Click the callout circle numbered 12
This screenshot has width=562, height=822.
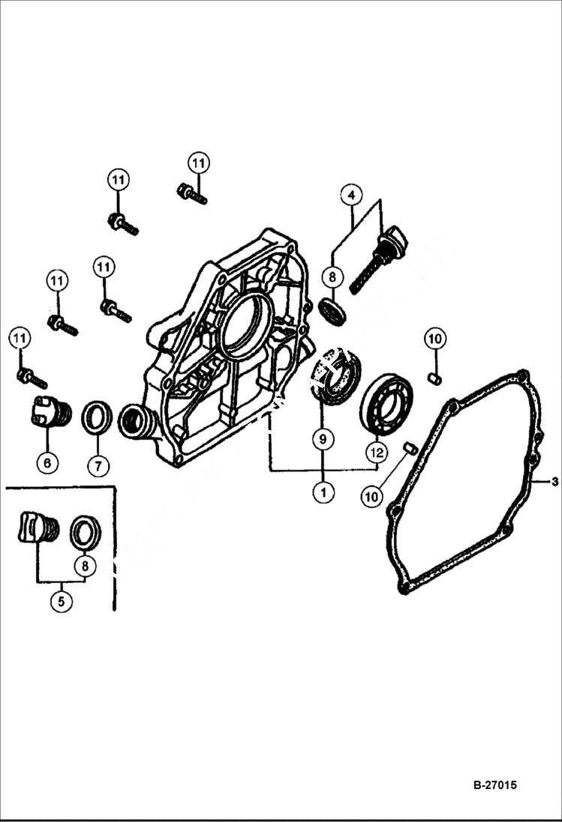point(377,452)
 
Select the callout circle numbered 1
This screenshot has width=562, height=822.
point(323,492)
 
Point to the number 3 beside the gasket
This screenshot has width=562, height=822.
point(554,482)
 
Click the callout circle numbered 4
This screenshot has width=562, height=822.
point(350,195)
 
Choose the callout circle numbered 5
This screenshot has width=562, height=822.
point(62,601)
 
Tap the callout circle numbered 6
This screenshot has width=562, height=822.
point(47,463)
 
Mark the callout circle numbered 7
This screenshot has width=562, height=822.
point(98,465)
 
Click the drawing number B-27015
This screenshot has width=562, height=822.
point(494,785)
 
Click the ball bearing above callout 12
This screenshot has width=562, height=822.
point(386,403)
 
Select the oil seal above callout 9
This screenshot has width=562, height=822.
point(335,378)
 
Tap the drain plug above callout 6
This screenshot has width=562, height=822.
point(50,412)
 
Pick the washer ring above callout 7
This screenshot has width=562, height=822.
point(97,417)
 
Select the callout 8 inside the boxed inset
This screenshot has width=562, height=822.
point(85,566)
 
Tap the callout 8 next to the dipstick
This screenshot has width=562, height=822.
point(332,276)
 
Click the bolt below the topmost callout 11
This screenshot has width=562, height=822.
point(192,194)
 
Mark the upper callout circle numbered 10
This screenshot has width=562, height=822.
point(434,339)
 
